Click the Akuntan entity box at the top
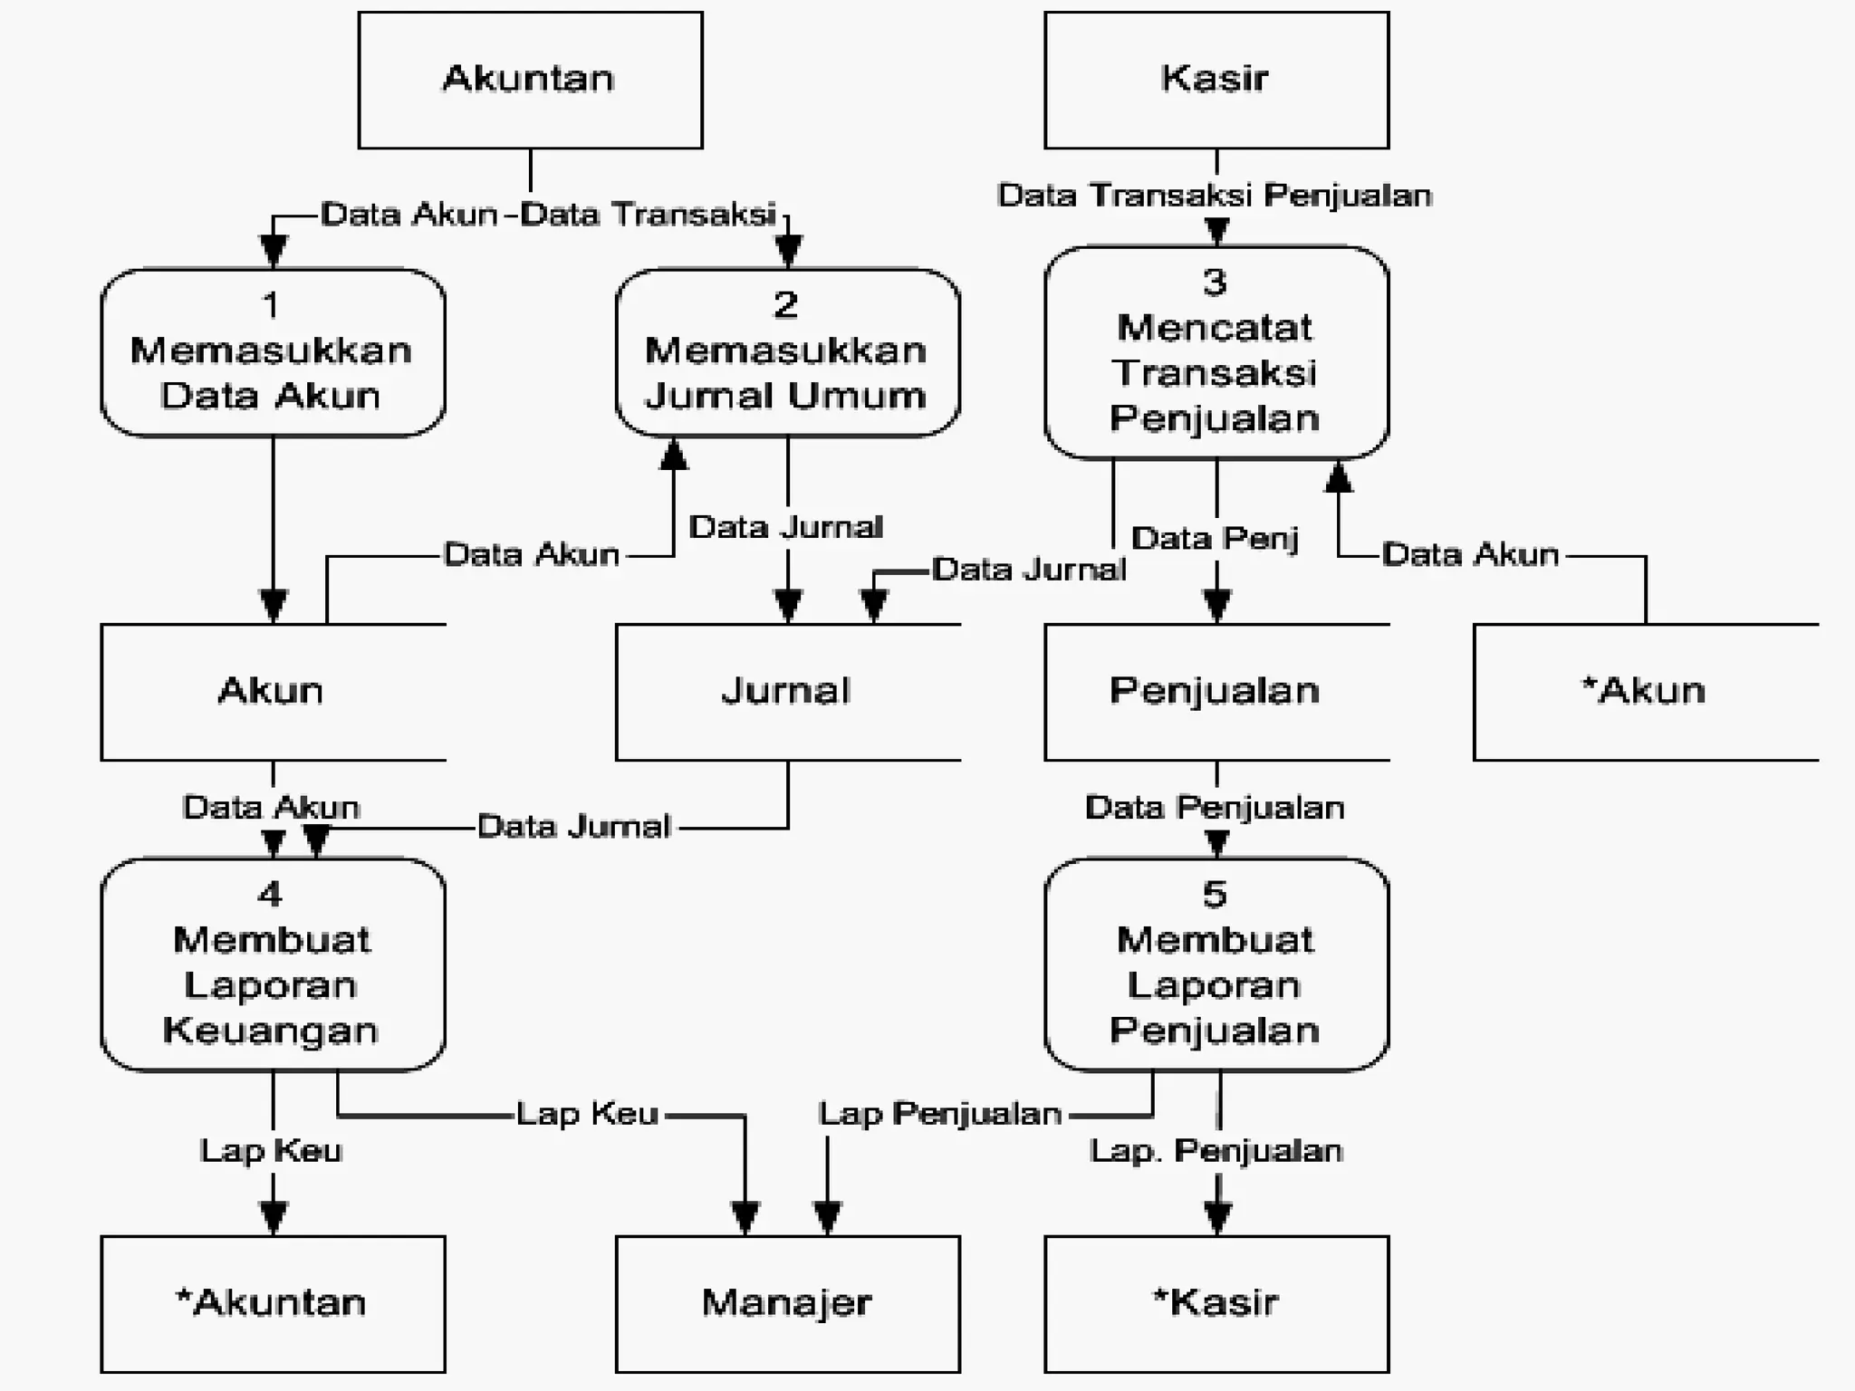[530, 80]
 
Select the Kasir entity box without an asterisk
[1216, 80]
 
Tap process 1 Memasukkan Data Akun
[272, 352]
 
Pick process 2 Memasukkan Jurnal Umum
[786, 352]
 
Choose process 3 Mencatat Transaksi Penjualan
[1216, 352]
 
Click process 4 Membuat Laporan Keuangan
[272, 964]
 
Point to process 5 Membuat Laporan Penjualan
[1216, 964]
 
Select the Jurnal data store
[786, 692]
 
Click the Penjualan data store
[1216, 692]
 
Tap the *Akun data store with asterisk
[1644, 692]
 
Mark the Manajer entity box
[786, 1303]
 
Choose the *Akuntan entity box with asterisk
[272, 1303]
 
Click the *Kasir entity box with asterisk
[1216, 1303]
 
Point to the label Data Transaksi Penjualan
[1214, 196]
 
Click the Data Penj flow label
[1214, 539]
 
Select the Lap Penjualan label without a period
[939, 1114]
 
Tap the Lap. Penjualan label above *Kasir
[1216, 1151]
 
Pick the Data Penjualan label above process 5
[1214, 808]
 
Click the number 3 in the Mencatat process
[1215, 283]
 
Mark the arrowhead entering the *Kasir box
[1216, 1219]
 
